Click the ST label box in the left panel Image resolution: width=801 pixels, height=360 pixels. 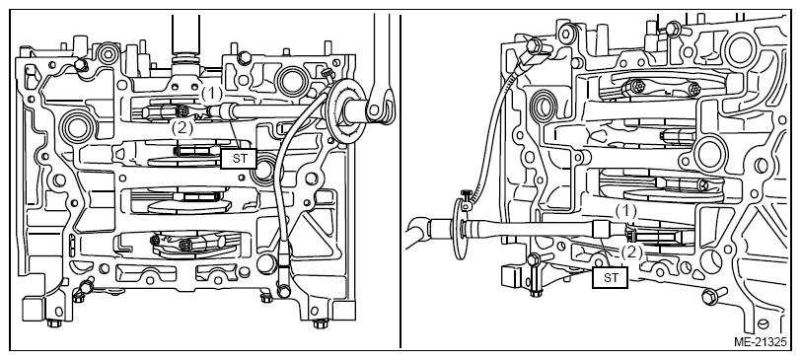click(x=239, y=158)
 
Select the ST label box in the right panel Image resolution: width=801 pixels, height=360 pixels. click(x=610, y=278)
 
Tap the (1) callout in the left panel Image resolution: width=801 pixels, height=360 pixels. click(x=211, y=94)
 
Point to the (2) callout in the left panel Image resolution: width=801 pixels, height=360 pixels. click(x=182, y=128)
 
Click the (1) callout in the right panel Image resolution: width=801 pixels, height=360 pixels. click(x=625, y=210)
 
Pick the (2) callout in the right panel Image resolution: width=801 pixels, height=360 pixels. click(x=632, y=252)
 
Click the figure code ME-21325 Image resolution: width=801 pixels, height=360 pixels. click(x=761, y=341)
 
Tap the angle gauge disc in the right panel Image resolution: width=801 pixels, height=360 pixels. click(x=459, y=228)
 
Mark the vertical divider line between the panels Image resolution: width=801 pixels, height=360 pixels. click(x=400, y=180)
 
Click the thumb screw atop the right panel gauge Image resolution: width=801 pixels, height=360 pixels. click(x=467, y=195)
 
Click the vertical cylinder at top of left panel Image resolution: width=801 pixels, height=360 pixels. click(x=186, y=35)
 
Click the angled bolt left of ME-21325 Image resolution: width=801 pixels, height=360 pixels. click(x=711, y=296)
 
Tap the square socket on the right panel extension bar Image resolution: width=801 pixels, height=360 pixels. click(x=605, y=228)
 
